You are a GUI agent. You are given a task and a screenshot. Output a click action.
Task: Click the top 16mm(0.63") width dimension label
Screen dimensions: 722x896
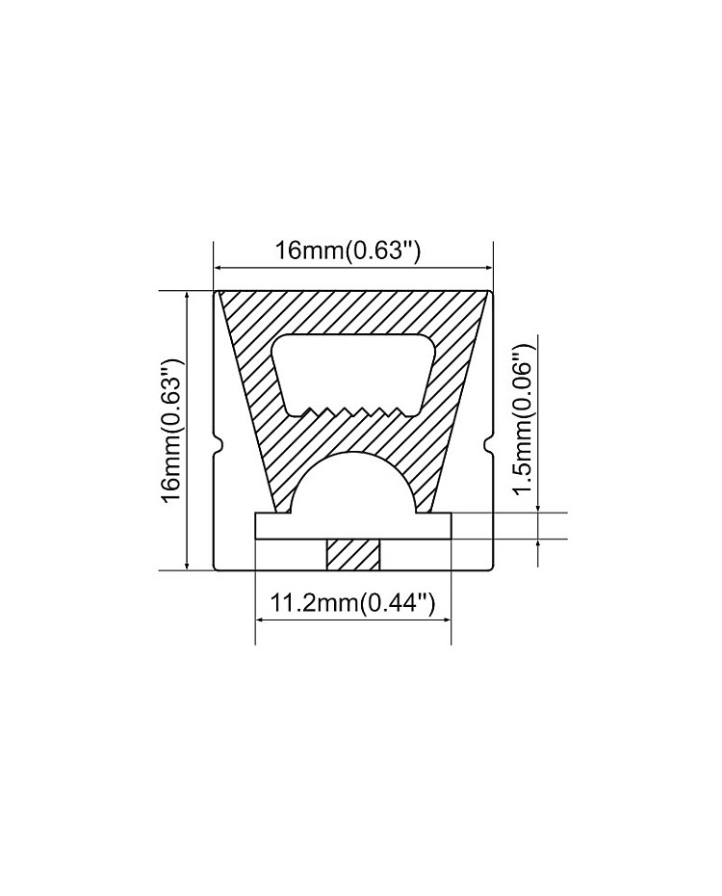pos(348,250)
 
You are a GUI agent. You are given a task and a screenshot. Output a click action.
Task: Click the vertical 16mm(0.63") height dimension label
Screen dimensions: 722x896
pos(171,431)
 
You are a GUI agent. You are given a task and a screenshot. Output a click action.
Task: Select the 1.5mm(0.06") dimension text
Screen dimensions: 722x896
pos(524,420)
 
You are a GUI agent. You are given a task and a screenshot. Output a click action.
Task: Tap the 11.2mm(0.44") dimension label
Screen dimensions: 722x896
pos(351,603)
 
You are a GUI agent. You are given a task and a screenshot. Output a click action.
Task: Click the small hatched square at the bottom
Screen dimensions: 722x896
pos(352,555)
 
